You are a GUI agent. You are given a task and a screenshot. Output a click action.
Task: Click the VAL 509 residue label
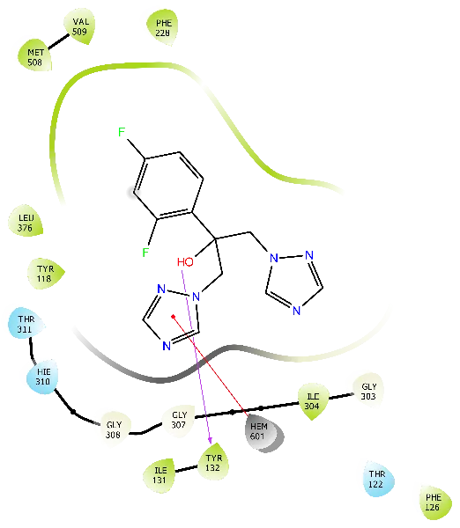79,26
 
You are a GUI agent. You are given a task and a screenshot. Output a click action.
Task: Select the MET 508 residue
35,56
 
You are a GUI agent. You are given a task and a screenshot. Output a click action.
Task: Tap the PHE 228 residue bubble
162,27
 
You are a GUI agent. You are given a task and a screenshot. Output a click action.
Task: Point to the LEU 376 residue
26,222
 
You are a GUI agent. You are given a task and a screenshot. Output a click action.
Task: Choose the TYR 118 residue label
45,274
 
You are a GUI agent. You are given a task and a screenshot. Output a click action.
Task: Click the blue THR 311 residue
26,323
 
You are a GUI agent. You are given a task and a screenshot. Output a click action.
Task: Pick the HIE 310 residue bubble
43,377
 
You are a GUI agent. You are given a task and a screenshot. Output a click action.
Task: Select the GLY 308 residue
114,429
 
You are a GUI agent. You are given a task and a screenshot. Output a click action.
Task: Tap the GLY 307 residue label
179,421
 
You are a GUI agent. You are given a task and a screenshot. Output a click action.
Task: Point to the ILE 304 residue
313,400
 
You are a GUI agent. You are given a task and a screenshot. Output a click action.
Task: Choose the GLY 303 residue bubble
368,391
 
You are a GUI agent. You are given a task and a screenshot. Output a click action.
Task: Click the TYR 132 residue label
213,462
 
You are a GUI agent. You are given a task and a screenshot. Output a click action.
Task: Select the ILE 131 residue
160,475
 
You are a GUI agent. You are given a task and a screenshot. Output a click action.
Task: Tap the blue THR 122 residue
378,479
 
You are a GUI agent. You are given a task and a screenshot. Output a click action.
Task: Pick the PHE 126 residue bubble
435,502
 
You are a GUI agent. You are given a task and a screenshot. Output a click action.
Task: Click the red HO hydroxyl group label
185,262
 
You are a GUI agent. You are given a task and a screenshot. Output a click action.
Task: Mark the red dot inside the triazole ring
173,317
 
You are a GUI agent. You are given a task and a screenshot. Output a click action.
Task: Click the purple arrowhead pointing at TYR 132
210,440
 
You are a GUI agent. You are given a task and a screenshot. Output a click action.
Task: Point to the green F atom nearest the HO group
145,252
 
